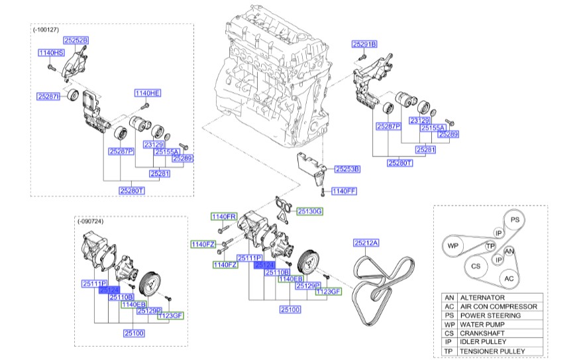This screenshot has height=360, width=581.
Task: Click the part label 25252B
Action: pyautogui.click(x=75, y=40)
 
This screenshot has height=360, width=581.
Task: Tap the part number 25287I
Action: pyautogui.click(x=49, y=96)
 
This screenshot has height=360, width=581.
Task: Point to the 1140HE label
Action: pyautogui.click(x=148, y=93)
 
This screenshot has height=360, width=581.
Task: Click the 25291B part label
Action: pyautogui.click(x=364, y=44)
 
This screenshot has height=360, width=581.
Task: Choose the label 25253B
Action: pyautogui.click(x=347, y=169)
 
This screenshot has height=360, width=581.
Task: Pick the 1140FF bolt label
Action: pyautogui.click(x=344, y=191)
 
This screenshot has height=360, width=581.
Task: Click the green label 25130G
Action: pyautogui.click(x=309, y=211)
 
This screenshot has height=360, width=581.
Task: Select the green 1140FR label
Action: pyautogui.click(x=223, y=217)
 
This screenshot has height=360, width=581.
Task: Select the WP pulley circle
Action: pyautogui.click(x=453, y=246)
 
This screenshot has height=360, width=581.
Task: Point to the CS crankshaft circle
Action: pyautogui.click(x=476, y=267)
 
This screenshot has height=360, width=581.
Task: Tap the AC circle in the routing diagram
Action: pyautogui.click(x=508, y=278)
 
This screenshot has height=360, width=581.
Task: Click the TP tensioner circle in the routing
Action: pyautogui.click(x=490, y=246)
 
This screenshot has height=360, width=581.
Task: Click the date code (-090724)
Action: pyautogui.click(x=91, y=221)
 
